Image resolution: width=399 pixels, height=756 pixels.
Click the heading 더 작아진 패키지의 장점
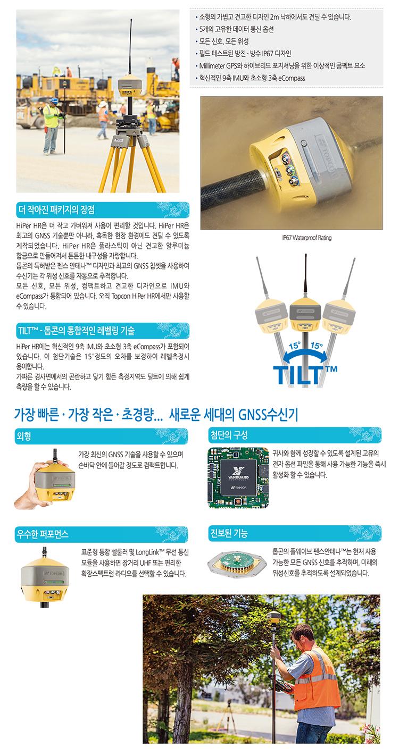click(x=56, y=210)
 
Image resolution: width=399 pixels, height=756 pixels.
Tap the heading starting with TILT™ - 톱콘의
click(x=77, y=330)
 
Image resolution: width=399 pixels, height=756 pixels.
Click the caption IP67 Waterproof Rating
click(x=307, y=238)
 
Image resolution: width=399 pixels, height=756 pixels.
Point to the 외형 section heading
click(x=23, y=436)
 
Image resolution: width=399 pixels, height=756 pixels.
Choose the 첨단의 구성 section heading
click(x=229, y=435)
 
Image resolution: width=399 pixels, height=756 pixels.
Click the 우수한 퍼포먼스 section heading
click(x=43, y=534)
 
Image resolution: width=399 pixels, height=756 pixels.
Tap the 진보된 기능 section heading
click(x=229, y=533)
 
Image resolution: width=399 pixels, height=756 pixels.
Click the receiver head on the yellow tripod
click(x=130, y=87)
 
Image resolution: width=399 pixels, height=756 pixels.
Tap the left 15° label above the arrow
click(x=294, y=346)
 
